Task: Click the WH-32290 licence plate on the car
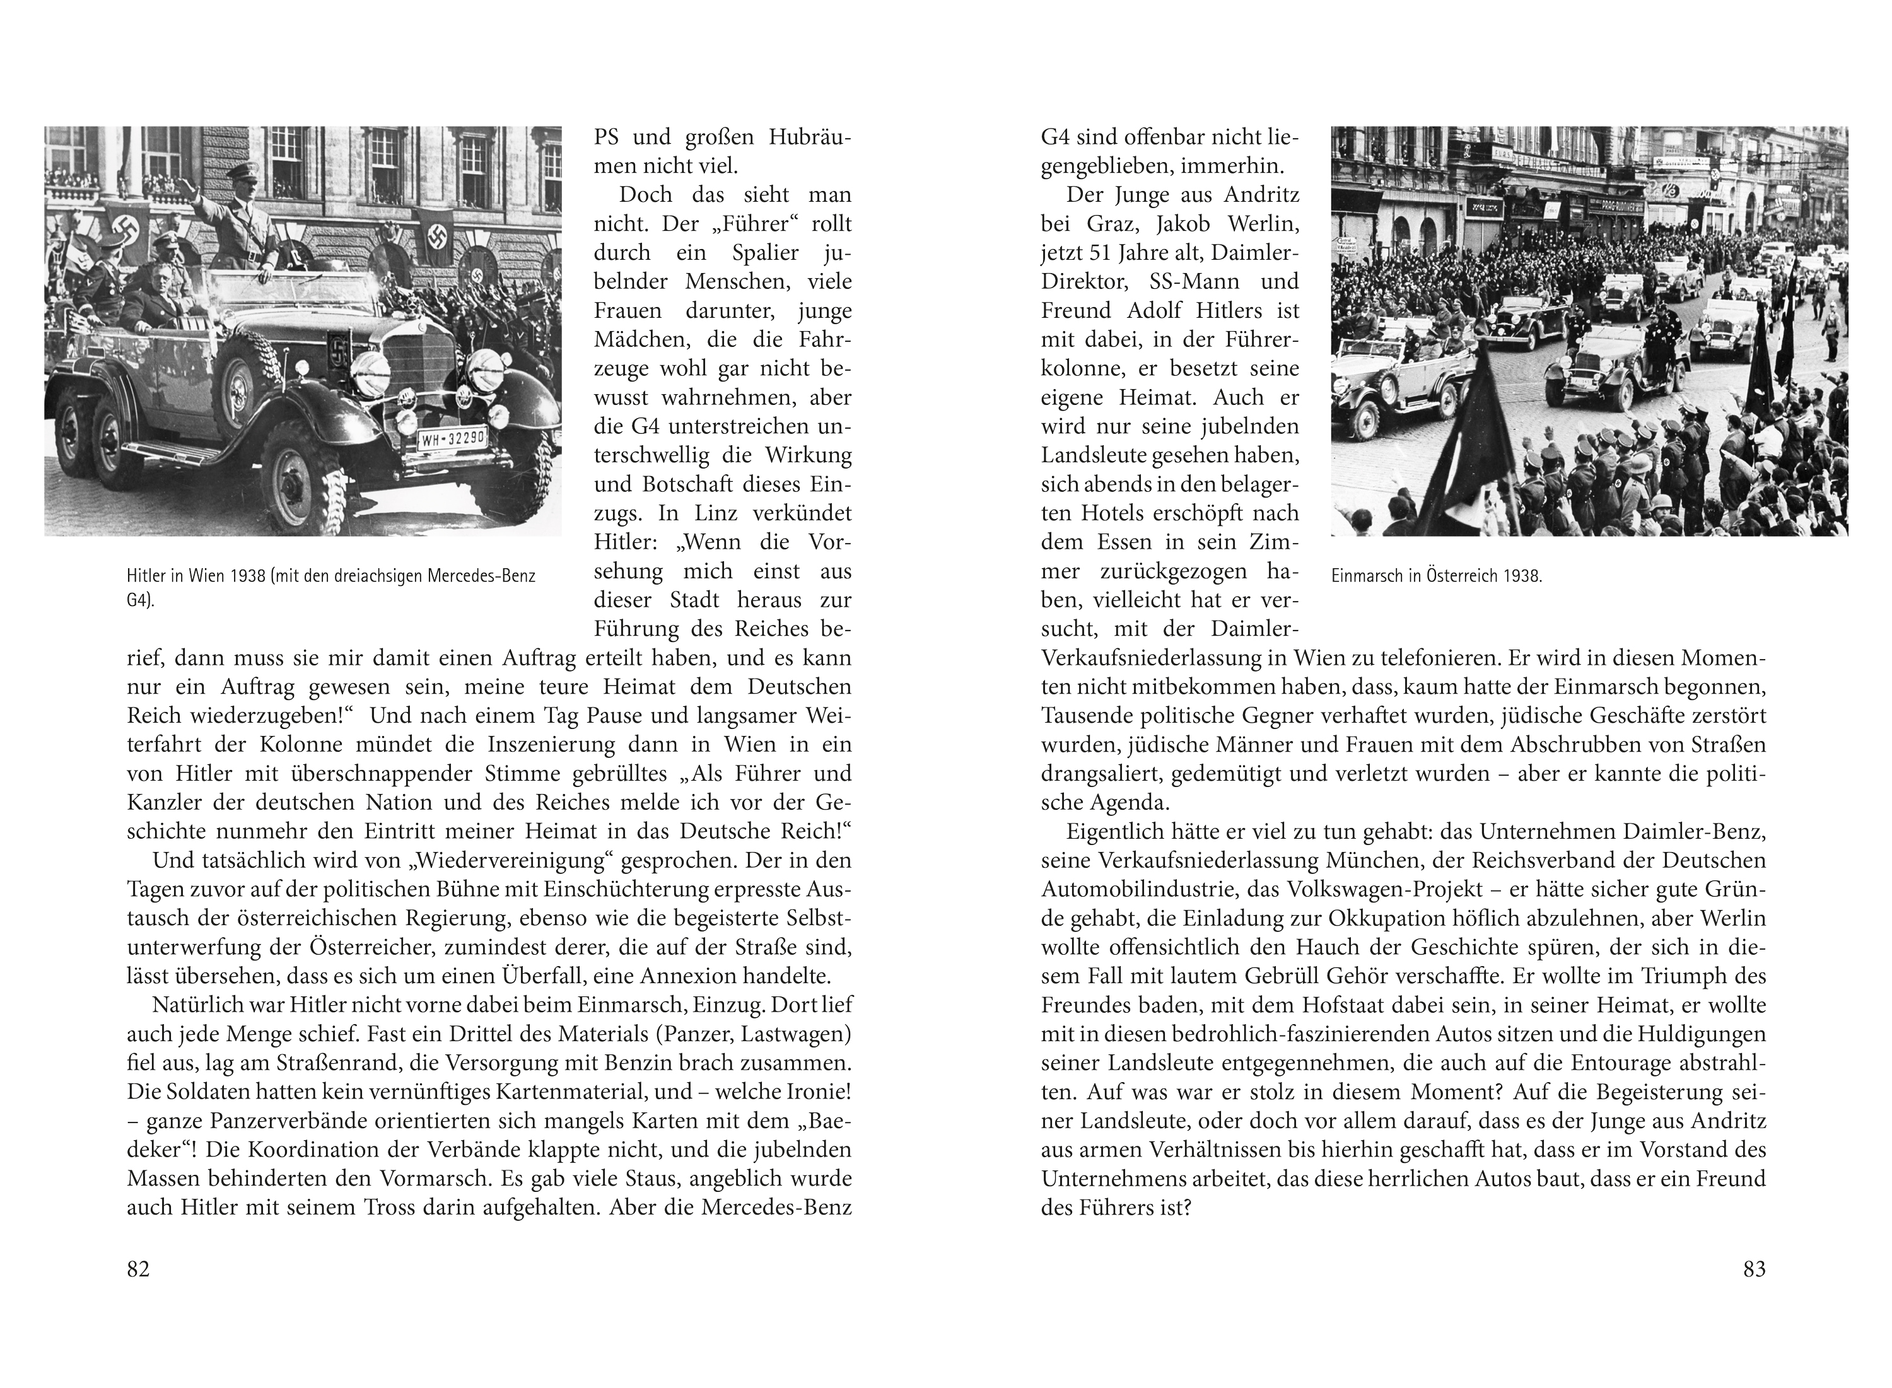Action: click(x=453, y=438)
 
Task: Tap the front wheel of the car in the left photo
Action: click(x=303, y=487)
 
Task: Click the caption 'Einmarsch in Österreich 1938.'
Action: click(x=1437, y=576)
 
